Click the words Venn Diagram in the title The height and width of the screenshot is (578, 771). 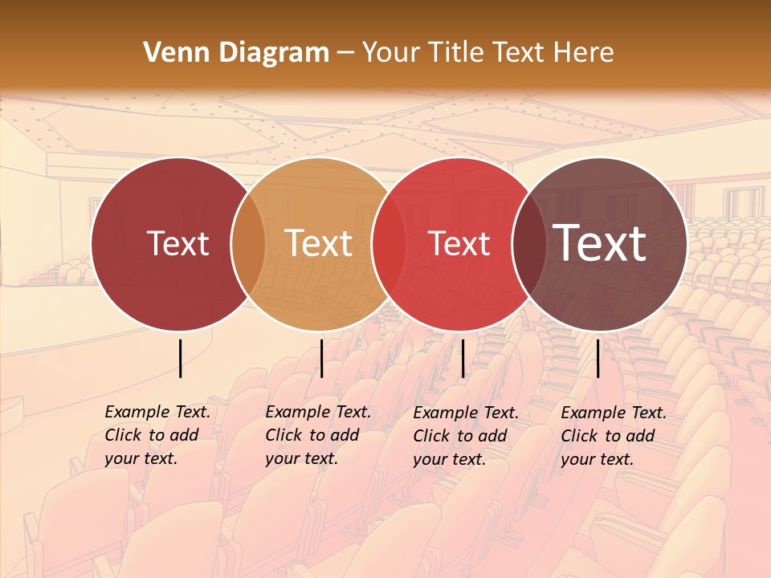point(236,53)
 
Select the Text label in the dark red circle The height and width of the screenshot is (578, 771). point(177,243)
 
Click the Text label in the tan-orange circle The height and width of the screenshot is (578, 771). point(319,243)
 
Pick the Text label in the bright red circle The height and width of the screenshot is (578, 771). point(459,243)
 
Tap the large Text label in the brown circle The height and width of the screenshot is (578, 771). point(600,242)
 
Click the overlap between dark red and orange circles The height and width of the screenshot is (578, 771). point(248,243)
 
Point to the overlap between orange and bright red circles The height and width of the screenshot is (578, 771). point(389,243)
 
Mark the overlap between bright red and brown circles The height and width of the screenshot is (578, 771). point(529,243)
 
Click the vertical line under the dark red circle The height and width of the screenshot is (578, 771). point(180,358)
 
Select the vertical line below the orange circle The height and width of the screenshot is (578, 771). point(321,358)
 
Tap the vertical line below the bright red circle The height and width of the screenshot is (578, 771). point(463,358)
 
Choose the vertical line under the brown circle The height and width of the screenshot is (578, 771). point(598,358)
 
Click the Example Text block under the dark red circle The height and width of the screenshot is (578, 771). point(157,435)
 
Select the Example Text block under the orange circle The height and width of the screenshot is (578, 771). point(317,435)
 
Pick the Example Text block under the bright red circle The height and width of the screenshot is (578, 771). point(465,436)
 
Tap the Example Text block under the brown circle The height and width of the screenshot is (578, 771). point(613,436)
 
